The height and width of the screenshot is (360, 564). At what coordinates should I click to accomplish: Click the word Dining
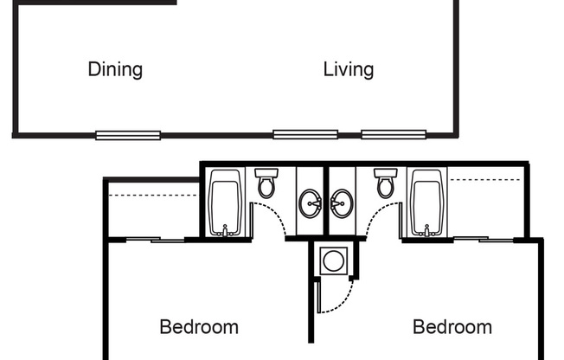[x=115, y=69]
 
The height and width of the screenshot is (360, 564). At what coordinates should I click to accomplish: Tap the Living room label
[x=348, y=69]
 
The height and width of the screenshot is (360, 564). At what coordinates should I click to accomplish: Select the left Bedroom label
[x=199, y=327]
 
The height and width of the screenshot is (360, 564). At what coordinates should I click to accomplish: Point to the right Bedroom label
[x=452, y=327]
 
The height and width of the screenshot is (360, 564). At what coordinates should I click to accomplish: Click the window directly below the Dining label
[x=128, y=135]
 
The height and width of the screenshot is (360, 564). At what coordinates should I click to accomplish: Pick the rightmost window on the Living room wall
[x=394, y=134]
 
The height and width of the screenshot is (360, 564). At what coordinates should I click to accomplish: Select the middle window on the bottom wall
[x=305, y=134]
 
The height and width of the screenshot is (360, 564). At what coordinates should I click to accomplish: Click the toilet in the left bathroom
[x=266, y=183]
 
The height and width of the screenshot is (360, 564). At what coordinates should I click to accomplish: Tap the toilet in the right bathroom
[x=385, y=183]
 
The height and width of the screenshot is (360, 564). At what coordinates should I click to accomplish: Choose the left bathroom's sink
[x=311, y=205]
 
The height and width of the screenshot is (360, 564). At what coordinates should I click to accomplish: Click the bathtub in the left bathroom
[x=226, y=202]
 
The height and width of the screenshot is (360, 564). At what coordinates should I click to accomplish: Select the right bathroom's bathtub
[x=426, y=202]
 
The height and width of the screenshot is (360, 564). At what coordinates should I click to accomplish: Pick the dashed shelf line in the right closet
[x=484, y=180]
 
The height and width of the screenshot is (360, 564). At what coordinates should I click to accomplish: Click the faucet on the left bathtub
[x=226, y=230]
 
